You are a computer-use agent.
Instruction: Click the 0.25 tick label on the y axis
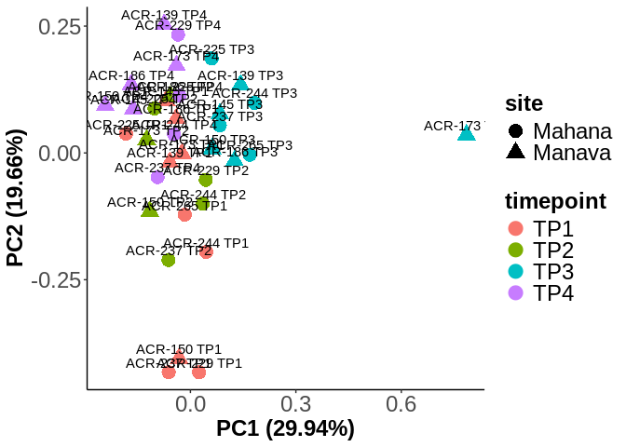click(58, 26)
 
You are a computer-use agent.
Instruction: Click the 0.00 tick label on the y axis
click(58, 153)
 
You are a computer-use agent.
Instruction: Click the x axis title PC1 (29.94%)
click(285, 429)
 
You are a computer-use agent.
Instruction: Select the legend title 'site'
click(524, 102)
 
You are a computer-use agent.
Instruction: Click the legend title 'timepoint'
click(555, 200)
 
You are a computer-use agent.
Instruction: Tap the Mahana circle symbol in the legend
click(515, 131)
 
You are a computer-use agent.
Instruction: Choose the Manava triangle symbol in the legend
click(515, 153)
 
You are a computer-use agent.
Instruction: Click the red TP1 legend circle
click(515, 229)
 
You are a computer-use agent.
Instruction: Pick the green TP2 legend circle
click(515, 251)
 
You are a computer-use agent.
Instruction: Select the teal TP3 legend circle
click(515, 272)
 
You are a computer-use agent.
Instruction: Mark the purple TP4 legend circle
click(515, 293)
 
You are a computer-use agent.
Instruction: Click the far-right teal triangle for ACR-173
click(467, 134)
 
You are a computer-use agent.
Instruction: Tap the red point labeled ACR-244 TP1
click(206, 251)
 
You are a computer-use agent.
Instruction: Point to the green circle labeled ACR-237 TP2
click(169, 260)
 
